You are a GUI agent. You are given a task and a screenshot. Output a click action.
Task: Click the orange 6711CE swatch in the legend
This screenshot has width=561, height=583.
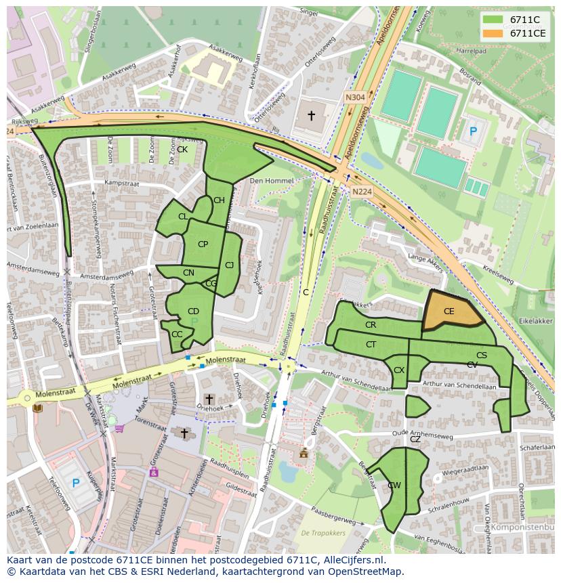(x=493, y=33)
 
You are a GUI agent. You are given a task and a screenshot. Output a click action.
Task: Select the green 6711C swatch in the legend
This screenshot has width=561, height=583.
(x=493, y=20)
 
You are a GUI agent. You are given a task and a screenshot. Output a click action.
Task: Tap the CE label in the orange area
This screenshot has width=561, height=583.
(x=449, y=311)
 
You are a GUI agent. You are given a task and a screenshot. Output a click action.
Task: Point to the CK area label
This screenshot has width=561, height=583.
(x=182, y=150)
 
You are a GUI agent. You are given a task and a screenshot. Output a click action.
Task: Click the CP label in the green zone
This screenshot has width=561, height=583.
(x=203, y=244)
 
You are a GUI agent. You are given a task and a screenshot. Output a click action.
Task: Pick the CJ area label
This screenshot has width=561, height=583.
(x=229, y=265)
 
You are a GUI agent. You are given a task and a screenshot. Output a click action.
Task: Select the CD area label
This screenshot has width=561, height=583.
(x=193, y=311)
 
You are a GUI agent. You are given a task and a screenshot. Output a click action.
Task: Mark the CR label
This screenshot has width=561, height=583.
(x=371, y=325)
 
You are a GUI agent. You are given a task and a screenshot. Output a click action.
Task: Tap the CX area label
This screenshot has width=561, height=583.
(x=399, y=370)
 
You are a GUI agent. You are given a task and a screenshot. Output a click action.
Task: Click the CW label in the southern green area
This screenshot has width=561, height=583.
(x=394, y=485)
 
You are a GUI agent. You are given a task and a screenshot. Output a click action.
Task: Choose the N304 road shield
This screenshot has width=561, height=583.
(x=354, y=97)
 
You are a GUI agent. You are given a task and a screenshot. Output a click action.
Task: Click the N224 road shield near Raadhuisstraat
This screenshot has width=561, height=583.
(x=361, y=192)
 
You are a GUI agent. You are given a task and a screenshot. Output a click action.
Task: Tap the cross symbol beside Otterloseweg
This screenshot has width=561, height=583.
(x=311, y=116)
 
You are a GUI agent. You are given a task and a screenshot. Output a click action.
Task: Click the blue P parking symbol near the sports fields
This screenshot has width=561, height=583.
(x=473, y=132)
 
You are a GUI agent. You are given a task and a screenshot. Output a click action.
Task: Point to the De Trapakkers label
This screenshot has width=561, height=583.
(x=323, y=533)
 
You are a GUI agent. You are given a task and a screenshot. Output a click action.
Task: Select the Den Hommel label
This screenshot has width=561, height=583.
(x=271, y=181)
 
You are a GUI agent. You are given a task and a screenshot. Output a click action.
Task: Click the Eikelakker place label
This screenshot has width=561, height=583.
(x=535, y=322)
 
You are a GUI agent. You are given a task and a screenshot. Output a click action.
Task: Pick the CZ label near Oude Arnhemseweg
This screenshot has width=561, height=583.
(x=415, y=439)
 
